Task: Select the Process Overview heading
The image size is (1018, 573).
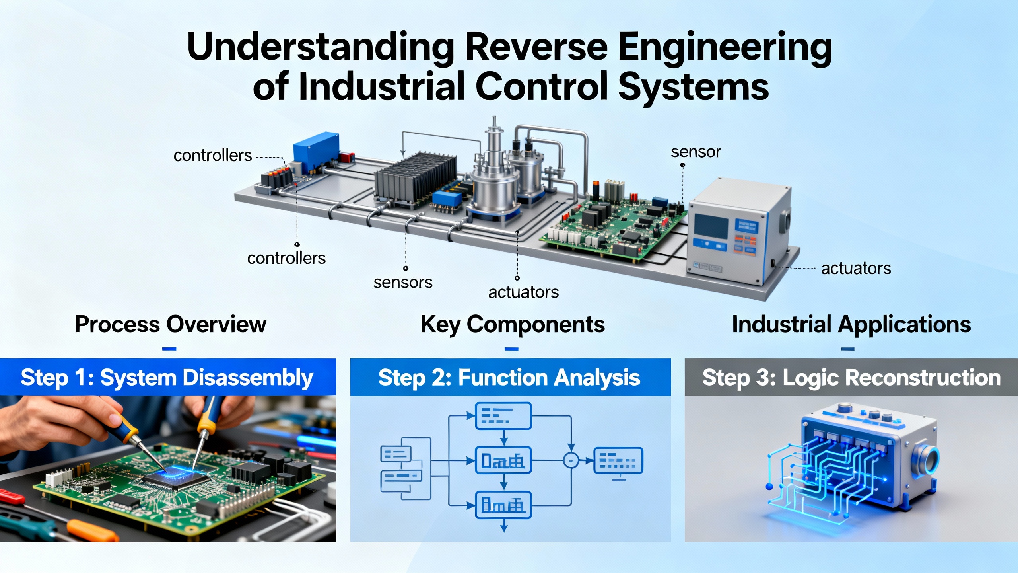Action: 170,324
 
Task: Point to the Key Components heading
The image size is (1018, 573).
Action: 512,324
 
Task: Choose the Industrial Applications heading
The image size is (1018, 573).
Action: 851,324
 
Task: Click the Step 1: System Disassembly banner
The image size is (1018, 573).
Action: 167,377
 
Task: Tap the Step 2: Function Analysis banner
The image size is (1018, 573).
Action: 510,377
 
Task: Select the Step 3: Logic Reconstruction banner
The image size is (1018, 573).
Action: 851,377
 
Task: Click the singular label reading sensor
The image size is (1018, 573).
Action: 696,152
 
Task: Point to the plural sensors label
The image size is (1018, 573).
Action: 402,283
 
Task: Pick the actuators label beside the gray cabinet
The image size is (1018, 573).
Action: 856,269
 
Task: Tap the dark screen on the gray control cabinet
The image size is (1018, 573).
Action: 711,226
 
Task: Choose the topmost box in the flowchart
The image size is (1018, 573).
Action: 503,416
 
